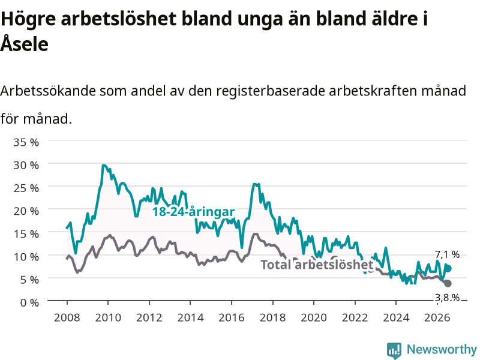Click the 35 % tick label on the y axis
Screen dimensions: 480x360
(26, 142)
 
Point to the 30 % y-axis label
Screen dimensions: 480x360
(26, 166)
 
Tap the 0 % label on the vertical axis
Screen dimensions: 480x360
(29, 303)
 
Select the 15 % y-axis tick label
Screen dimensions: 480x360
(26, 234)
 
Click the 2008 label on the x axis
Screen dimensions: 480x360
(67, 317)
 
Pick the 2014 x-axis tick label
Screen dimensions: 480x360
(190, 317)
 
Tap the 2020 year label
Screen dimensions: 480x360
(314, 317)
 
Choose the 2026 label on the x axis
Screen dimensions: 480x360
(437, 317)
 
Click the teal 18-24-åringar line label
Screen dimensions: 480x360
(193, 212)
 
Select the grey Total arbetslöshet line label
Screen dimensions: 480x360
(317, 265)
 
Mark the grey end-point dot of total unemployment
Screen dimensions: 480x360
(448, 283)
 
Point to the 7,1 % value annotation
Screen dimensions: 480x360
(447, 254)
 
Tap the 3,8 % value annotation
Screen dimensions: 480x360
(447, 298)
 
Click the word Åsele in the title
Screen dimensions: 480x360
(25, 43)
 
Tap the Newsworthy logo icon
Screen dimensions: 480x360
(394, 350)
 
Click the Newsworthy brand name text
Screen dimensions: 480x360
(442, 349)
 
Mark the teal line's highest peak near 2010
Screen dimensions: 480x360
(104, 166)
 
